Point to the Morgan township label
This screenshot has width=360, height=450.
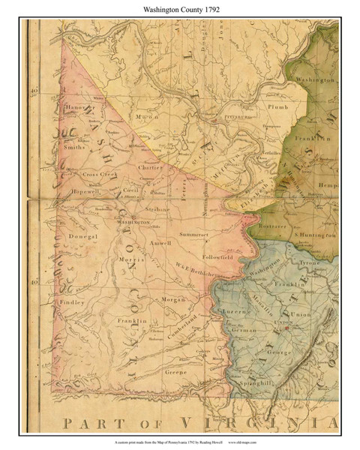(172, 299)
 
